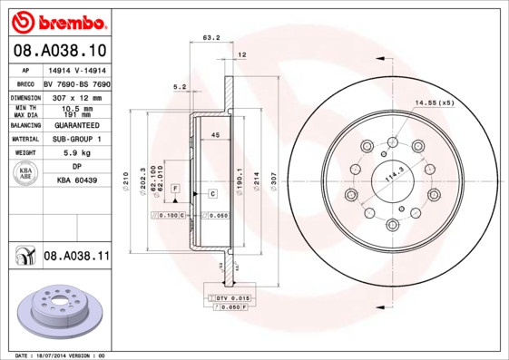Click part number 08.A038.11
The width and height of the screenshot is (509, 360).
76,257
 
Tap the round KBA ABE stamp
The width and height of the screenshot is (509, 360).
25,175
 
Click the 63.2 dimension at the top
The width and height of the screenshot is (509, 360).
210,38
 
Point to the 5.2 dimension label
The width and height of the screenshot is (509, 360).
179,87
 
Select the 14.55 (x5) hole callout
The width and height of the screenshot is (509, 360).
435,102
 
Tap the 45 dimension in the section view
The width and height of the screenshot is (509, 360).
216,135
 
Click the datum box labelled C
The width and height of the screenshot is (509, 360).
211,194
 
